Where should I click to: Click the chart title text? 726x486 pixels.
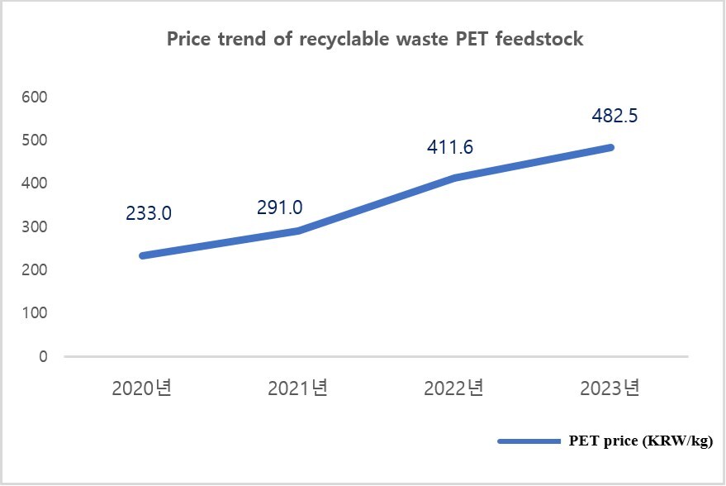click(375, 40)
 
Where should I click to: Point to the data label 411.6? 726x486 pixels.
click(450, 147)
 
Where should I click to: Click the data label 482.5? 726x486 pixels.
click(614, 116)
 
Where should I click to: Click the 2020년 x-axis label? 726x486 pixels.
click(142, 388)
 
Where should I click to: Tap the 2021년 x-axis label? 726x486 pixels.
click(299, 388)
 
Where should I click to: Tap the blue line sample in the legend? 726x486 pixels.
click(529, 442)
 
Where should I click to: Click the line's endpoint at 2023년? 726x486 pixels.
click(610, 148)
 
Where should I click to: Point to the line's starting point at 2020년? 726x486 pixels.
click(143, 256)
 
